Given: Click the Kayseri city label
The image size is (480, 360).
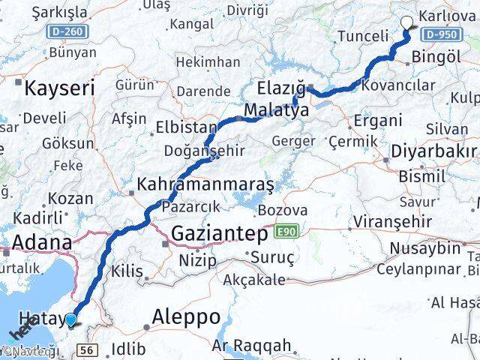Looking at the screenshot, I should [x=59, y=88].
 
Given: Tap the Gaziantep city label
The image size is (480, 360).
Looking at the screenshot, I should [x=219, y=234].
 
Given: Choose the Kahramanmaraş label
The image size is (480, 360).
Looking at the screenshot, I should [x=205, y=184].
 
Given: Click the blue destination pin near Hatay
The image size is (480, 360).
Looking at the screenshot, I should [x=70, y=320].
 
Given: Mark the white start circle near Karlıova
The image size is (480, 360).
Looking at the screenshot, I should [x=408, y=22].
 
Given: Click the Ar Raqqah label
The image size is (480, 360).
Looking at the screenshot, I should [x=251, y=346].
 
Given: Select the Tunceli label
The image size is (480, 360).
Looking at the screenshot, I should [x=364, y=36].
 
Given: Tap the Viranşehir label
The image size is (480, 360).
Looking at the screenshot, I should [x=394, y=221].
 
